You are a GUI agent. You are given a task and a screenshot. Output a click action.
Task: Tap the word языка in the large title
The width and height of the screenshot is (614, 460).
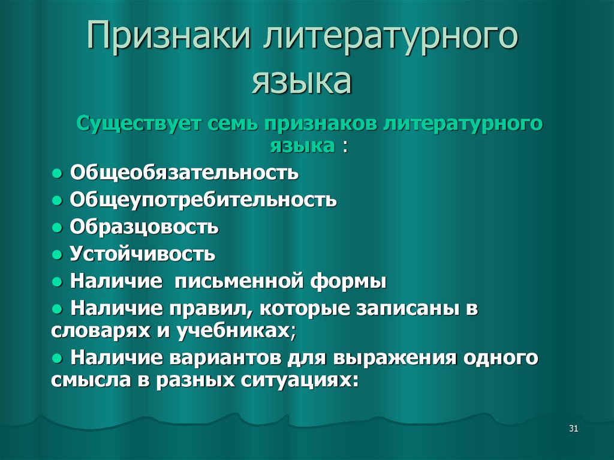tap(302, 81)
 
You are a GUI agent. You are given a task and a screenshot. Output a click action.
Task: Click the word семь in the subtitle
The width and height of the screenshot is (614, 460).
tap(233, 124)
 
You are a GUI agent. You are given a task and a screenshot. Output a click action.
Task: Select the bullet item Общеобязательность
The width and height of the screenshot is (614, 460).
tap(184, 173)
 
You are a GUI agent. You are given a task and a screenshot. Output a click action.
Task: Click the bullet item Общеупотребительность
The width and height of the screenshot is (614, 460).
tap(203, 200)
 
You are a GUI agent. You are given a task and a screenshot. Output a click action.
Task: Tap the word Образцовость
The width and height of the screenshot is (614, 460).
tap(144, 227)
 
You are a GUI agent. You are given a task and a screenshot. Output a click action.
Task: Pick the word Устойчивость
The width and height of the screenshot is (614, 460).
tap(143, 254)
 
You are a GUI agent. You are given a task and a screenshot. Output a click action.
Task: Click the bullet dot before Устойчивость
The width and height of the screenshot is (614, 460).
tap(57, 255)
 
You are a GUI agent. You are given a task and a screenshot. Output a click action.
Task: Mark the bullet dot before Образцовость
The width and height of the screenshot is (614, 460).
tap(57, 228)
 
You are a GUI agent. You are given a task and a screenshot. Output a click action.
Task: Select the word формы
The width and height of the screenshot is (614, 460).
tap(348, 282)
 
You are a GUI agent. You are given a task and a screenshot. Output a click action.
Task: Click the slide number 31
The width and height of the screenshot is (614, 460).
tap(573, 429)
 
